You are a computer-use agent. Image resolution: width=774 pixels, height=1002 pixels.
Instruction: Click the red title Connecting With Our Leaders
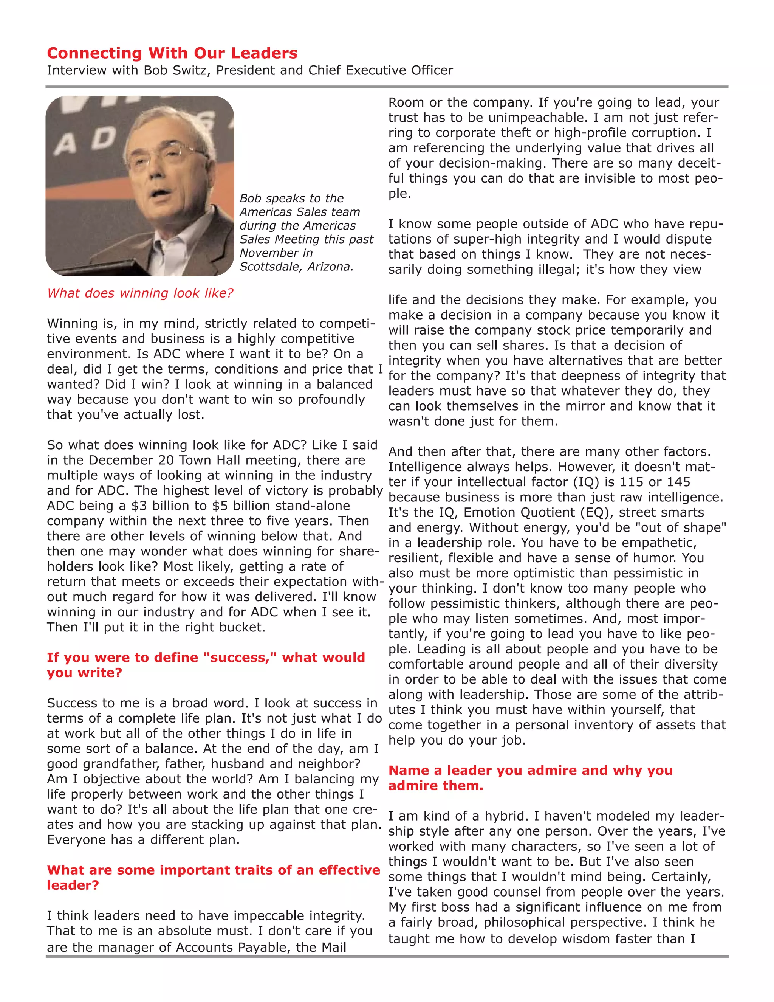click(172, 53)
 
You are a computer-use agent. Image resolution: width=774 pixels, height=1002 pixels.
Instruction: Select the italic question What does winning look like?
click(140, 293)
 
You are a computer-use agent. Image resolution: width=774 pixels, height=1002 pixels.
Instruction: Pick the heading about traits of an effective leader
click(213, 877)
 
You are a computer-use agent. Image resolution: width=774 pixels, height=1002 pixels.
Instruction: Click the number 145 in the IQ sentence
click(678, 482)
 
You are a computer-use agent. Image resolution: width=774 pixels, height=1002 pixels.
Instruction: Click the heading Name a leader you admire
click(530, 777)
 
